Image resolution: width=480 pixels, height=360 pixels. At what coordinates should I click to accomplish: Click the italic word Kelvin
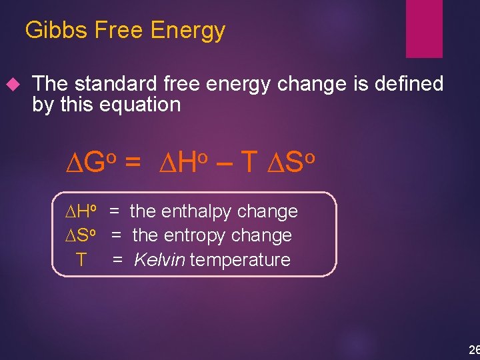click(159, 259)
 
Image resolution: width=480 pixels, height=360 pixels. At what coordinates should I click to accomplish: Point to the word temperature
click(241, 260)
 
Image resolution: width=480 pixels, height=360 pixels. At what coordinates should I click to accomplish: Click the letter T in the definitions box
click(81, 260)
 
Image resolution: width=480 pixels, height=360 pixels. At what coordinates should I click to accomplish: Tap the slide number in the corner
click(473, 349)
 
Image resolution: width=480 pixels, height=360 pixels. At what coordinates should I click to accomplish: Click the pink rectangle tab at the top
click(424, 28)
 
